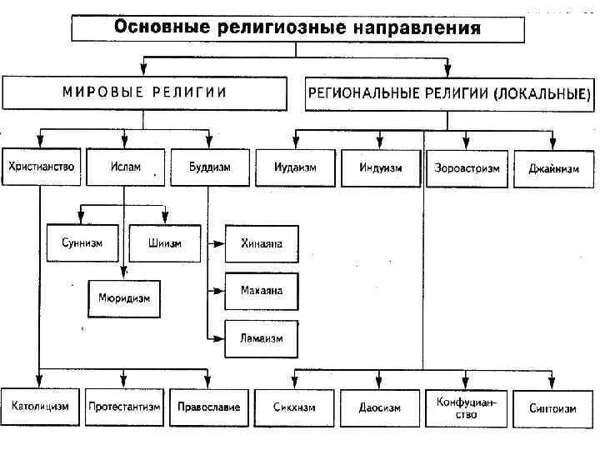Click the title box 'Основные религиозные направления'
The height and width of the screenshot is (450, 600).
pyautogui.click(x=297, y=29)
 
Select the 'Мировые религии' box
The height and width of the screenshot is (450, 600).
pyautogui.click(x=145, y=92)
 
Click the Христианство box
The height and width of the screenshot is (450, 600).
pyautogui.click(x=41, y=167)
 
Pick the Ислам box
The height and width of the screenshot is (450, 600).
pyautogui.click(x=123, y=167)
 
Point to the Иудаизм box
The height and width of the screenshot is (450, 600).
pyautogui.click(x=295, y=167)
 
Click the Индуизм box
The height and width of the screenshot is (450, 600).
pyautogui.click(x=381, y=167)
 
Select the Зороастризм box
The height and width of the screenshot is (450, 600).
pyautogui.click(x=467, y=167)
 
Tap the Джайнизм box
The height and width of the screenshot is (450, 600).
pyautogui.click(x=552, y=167)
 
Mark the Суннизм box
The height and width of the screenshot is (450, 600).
pyautogui.click(x=82, y=243)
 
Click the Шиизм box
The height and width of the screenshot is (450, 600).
pyautogui.click(x=164, y=243)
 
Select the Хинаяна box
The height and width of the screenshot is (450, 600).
pyautogui.click(x=262, y=244)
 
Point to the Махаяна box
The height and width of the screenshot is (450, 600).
pyautogui.click(x=262, y=291)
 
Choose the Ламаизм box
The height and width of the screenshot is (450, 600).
pyautogui.click(x=262, y=338)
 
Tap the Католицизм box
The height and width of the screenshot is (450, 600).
pyautogui.click(x=41, y=407)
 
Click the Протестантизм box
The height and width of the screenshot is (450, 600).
pyautogui.click(x=123, y=407)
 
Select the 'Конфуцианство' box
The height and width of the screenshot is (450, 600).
pyautogui.click(x=467, y=407)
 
